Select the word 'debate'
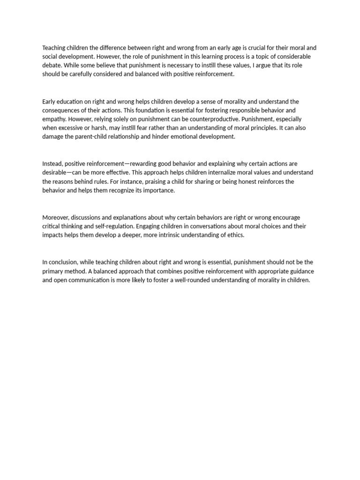(52, 66)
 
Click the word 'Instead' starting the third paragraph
(52, 164)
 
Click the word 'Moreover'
(56, 217)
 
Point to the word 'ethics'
(235, 235)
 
